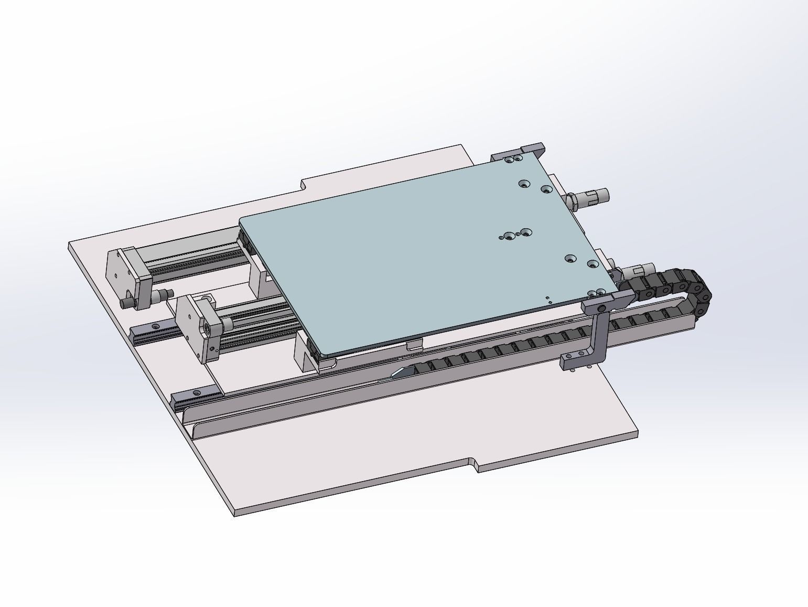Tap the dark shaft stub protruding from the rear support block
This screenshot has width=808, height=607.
(x=126, y=303)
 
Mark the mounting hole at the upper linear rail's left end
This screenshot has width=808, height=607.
(x=155, y=326)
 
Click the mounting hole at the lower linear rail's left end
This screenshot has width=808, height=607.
(x=197, y=392)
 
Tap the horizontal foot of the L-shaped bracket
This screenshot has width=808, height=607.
(x=575, y=361)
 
